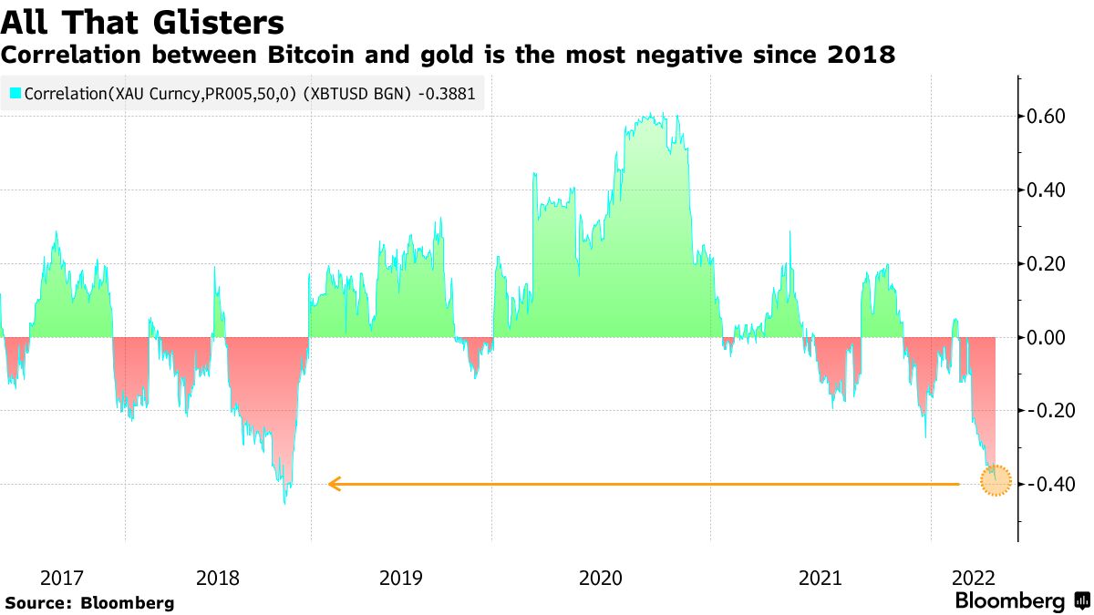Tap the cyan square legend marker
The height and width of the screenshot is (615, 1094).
(15, 93)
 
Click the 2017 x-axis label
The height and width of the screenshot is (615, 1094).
(62, 578)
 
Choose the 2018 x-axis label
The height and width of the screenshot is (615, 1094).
(218, 578)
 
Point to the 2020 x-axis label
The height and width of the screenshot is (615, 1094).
(601, 578)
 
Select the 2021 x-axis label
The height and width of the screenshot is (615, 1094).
(820, 578)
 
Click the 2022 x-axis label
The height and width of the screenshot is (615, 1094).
(973, 578)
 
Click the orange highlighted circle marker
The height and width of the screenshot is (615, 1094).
(996, 480)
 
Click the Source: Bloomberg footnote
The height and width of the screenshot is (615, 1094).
(89, 603)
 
